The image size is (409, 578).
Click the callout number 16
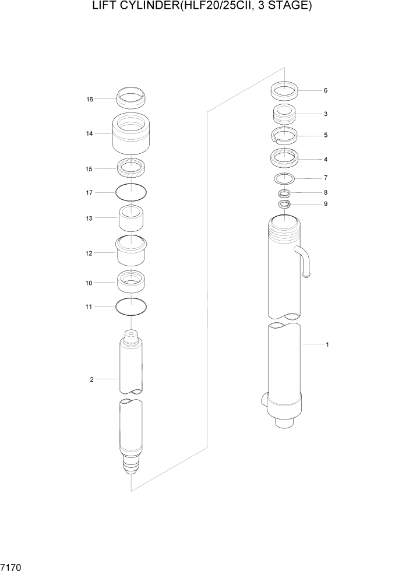click(90, 100)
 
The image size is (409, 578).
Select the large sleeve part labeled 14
click(132, 134)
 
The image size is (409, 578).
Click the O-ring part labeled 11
click(132, 305)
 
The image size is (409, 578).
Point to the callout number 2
click(91, 379)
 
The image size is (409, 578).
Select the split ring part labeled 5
click(285, 135)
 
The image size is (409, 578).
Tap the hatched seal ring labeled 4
click(285, 158)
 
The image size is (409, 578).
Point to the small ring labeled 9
click(284, 204)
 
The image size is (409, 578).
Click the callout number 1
click(327, 344)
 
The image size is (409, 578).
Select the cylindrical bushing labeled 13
click(132, 218)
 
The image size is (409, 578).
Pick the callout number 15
click(90, 169)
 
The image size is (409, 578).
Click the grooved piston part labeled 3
click(285, 114)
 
